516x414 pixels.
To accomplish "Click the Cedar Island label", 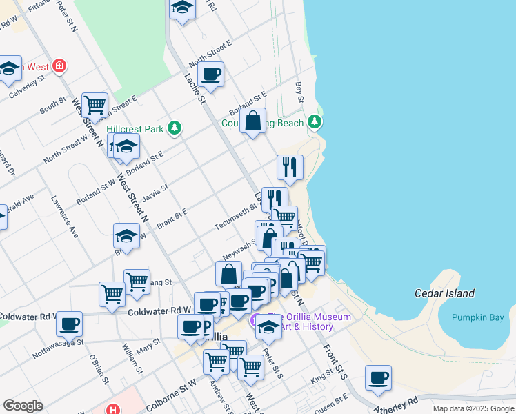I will click(444, 293).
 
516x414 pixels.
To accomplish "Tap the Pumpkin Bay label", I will click(477, 317).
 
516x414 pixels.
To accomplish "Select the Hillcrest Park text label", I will click(135, 128).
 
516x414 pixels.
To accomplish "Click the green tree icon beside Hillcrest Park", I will click(175, 127).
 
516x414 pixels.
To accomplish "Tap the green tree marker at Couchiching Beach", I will click(315, 122).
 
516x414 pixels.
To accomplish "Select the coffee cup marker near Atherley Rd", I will click(378, 377).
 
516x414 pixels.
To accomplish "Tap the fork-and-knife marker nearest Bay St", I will click(290, 166).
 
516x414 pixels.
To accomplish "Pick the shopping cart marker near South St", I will click(95, 105).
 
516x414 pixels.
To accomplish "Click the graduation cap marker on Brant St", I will click(127, 235).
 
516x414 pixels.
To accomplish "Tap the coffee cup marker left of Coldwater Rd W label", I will click(69, 323).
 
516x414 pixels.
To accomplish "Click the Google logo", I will click(23, 406).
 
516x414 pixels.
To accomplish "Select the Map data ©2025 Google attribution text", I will click(473, 408).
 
